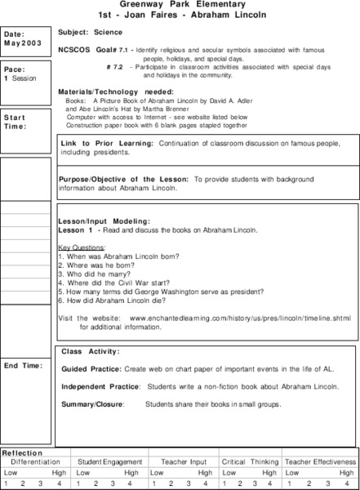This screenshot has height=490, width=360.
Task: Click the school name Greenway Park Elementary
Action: [x=180, y=5]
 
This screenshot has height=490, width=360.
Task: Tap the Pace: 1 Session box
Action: [x=26, y=73]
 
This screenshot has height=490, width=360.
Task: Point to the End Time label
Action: [x=24, y=365]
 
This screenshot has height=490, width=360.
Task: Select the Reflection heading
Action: [x=22, y=452]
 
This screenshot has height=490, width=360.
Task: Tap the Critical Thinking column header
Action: [x=250, y=461]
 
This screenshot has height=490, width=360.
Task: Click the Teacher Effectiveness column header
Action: [x=320, y=461]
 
